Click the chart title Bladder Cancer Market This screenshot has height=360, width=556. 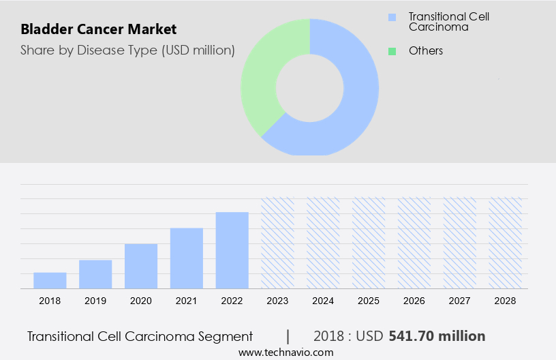click(x=98, y=29)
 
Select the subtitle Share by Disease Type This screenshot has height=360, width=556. click(x=127, y=50)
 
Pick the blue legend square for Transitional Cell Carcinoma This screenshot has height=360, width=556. click(x=391, y=17)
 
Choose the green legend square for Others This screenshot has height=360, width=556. click(x=391, y=50)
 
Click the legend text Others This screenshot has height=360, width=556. click(x=426, y=50)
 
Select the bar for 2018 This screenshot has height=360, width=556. click(x=50, y=280)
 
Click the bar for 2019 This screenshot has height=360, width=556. click(x=95, y=274)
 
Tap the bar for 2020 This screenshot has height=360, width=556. click(x=141, y=266)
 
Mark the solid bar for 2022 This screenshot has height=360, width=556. click(x=232, y=250)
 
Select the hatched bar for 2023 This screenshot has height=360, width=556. click(x=278, y=243)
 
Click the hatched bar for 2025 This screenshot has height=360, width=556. click(x=369, y=243)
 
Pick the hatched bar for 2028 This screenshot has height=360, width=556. click(x=506, y=243)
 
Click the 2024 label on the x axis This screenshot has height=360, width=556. click(x=323, y=301)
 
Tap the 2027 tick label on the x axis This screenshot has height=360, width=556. click(x=460, y=301)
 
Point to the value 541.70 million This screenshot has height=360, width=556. click(x=437, y=336)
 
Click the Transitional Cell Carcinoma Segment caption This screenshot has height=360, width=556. click(x=140, y=336)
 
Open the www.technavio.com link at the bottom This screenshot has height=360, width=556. click(x=285, y=352)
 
